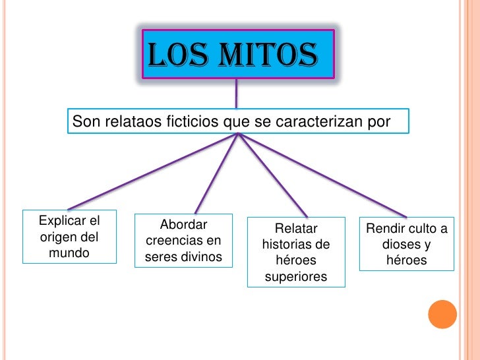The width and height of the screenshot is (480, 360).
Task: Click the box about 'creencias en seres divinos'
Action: tap(184, 241)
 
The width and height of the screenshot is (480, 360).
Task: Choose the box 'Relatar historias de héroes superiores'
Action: tap(296, 253)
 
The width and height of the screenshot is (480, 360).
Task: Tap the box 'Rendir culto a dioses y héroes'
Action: tap(407, 245)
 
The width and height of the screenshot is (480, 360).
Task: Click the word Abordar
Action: tap(184, 224)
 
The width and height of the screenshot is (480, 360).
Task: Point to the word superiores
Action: tap(296, 277)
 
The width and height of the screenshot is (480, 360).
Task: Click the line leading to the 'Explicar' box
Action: tap(152, 172)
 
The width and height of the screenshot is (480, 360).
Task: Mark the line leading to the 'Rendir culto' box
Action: tap(323, 175)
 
